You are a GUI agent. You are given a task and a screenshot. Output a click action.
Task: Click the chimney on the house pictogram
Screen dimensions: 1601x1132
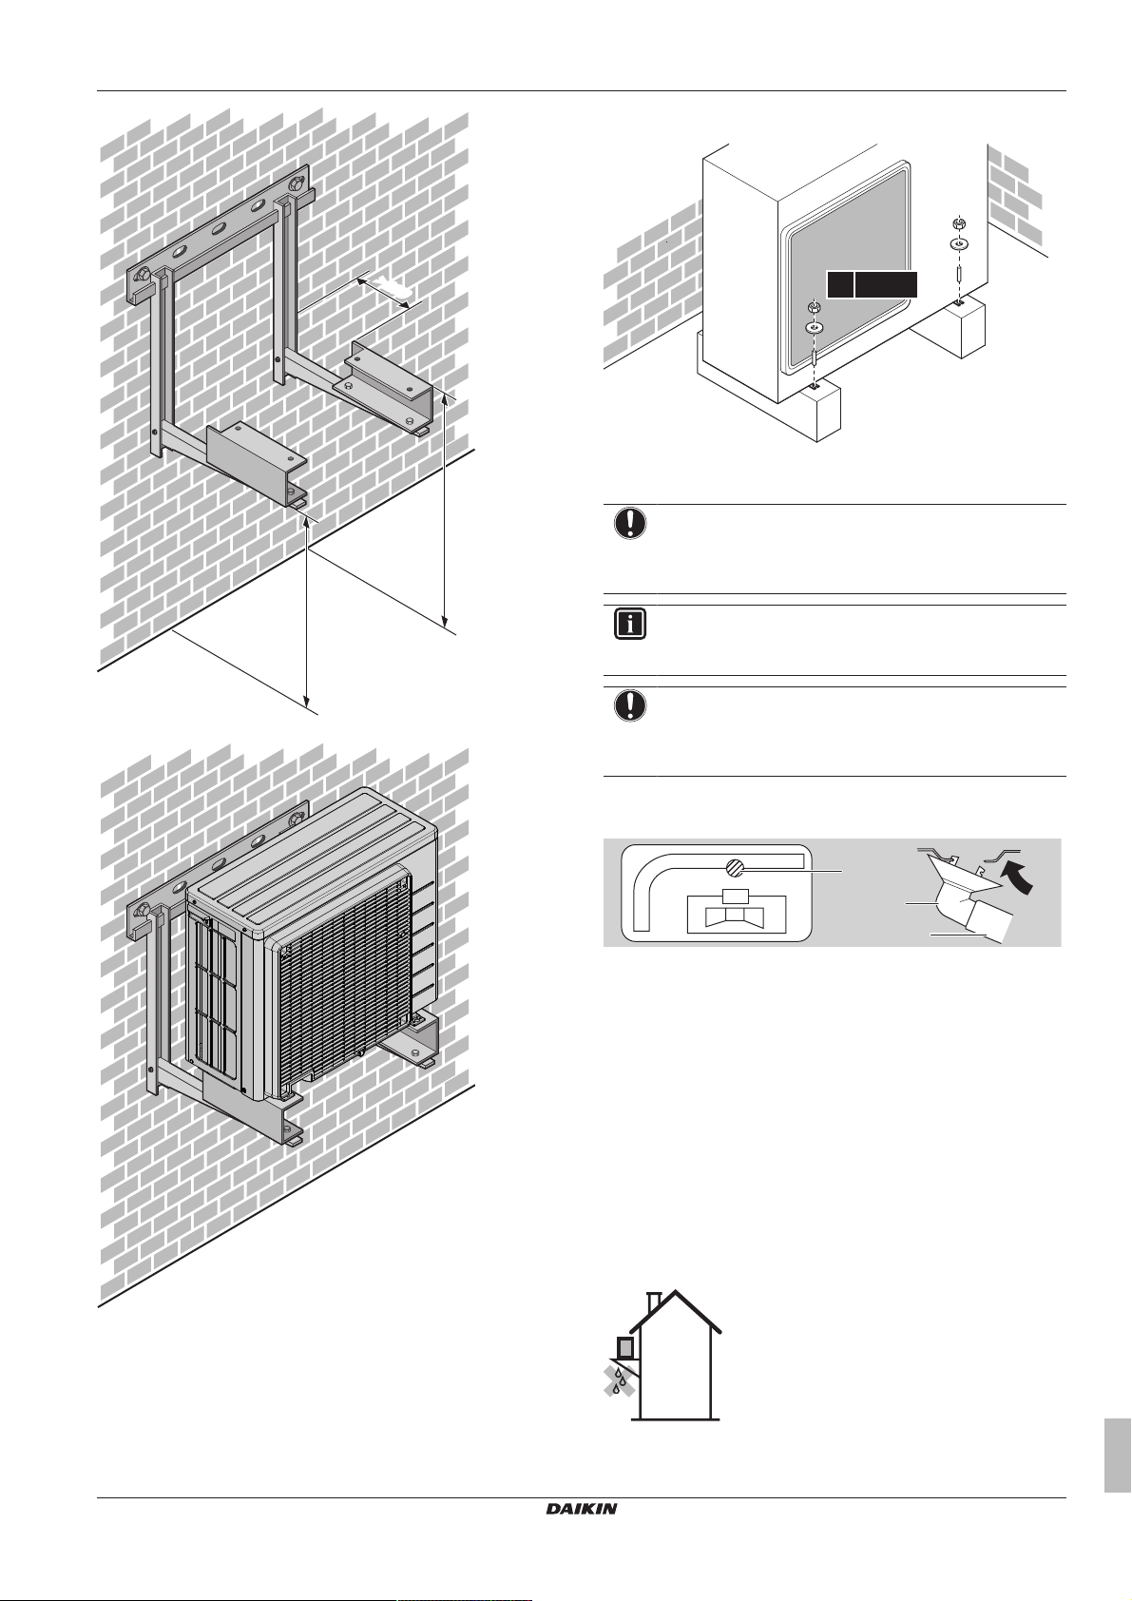click(653, 1301)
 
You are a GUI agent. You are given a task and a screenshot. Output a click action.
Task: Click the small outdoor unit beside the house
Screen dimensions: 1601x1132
click(626, 1348)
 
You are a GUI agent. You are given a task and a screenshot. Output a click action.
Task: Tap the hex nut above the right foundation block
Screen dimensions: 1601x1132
click(959, 223)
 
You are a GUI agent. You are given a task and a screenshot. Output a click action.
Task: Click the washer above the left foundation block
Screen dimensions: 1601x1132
click(815, 327)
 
